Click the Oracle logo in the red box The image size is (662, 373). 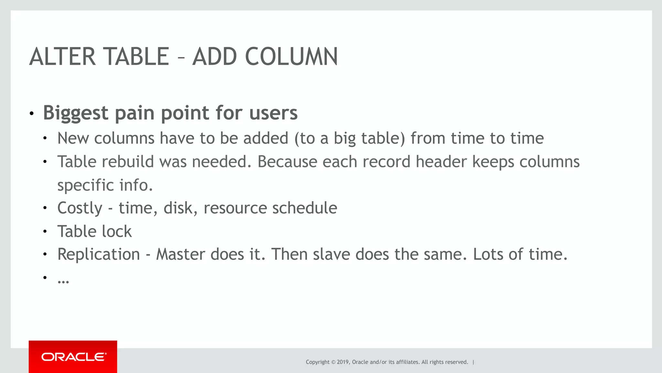click(x=73, y=357)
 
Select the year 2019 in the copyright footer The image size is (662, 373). click(x=343, y=362)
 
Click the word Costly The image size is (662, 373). click(x=80, y=208)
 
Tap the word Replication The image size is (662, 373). click(x=99, y=254)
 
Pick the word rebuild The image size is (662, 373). click(x=128, y=161)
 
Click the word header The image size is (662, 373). click(x=441, y=161)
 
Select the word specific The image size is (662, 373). click(x=86, y=185)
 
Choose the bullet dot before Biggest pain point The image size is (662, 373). click(x=31, y=114)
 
